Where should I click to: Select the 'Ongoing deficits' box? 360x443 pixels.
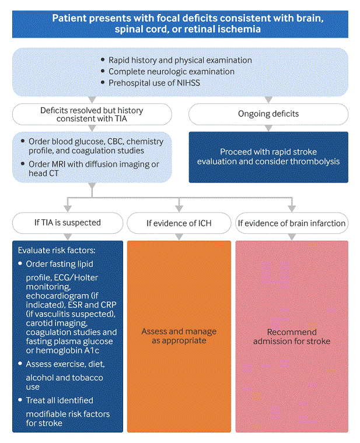tap(268, 114)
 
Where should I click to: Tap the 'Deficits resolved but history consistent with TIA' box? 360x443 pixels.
tap(92, 114)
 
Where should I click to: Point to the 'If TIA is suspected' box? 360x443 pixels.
tap(68, 222)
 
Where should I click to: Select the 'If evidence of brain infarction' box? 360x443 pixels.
tap(291, 223)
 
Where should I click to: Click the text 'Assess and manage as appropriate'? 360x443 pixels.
tap(179, 336)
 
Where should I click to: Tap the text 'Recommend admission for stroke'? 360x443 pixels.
tap(291, 336)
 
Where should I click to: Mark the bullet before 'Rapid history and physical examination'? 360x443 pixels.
tap(103, 60)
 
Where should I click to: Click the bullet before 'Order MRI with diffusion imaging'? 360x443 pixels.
tap(22, 164)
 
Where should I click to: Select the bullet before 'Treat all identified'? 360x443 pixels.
tap(20, 400)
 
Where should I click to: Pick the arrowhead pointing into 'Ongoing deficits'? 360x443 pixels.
tap(268, 100)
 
